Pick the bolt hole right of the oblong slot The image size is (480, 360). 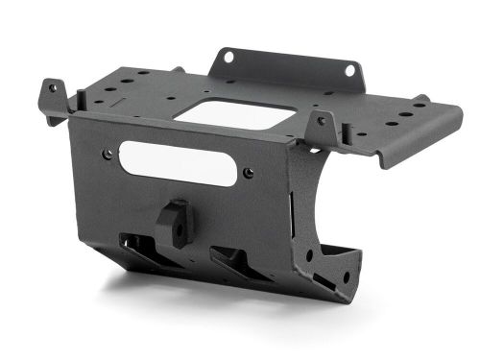[250, 174]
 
